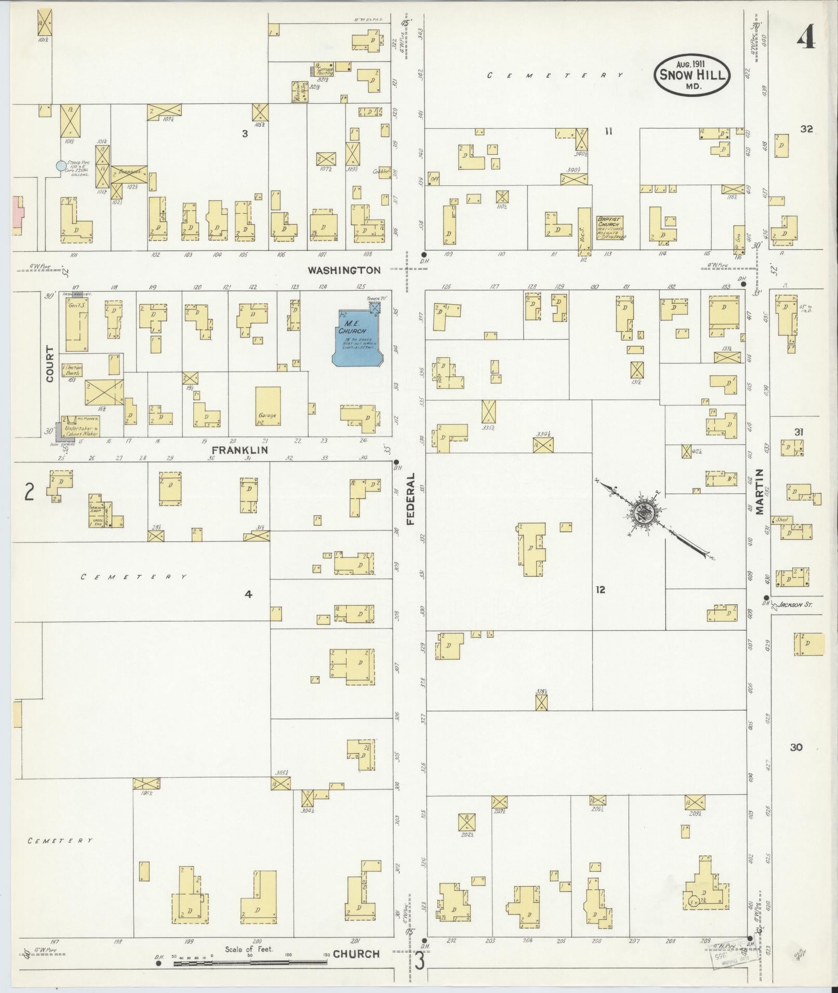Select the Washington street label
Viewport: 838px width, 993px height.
click(x=344, y=270)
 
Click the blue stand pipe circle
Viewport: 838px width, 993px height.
click(x=61, y=166)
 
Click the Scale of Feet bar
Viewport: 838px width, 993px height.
click(x=249, y=963)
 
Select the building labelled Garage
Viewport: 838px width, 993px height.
click(x=268, y=406)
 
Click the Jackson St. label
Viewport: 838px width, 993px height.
click(x=793, y=605)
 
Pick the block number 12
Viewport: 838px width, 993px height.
click(x=601, y=590)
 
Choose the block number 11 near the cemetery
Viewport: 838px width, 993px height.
click(x=608, y=132)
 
